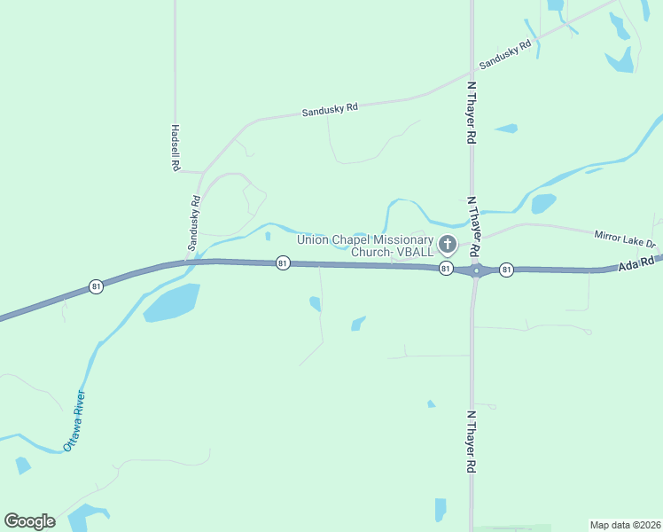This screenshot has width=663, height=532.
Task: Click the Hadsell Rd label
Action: click(x=175, y=147)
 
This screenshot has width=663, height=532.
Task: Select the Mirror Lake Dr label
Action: click(x=625, y=238)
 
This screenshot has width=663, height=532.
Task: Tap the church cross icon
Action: click(x=448, y=244)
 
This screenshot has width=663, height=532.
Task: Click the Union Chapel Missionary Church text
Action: click(x=365, y=246)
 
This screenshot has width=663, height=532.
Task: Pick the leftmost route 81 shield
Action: click(x=96, y=286)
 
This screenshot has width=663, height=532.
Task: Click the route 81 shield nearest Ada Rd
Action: click(x=506, y=269)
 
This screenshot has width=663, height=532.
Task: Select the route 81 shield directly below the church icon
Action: click(x=447, y=268)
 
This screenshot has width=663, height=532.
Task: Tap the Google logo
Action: click(x=29, y=521)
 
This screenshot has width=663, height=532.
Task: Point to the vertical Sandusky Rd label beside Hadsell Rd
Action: click(x=193, y=222)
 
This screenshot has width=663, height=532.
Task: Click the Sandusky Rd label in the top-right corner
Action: click(x=504, y=55)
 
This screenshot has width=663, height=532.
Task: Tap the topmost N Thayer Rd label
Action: click(x=472, y=113)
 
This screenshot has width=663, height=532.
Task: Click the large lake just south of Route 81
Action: click(x=172, y=302)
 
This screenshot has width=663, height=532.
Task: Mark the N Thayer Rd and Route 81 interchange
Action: click(x=475, y=270)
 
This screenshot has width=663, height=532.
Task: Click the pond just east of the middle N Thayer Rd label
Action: click(x=543, y=203)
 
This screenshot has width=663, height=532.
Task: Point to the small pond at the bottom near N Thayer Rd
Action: click(x=441, y=509)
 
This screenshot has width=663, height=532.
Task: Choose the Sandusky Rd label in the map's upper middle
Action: click(x=330, y=109)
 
